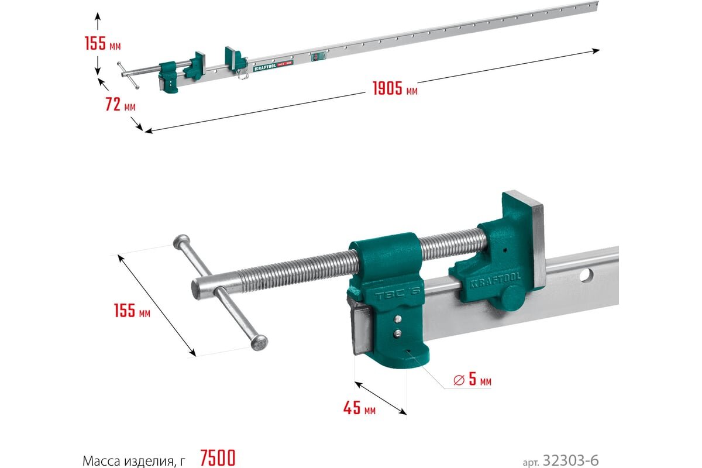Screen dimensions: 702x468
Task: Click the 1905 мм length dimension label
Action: coord(395,88)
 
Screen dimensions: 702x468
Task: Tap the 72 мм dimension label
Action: coord(121,104)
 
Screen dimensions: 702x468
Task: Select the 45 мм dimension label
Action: coord(359,408)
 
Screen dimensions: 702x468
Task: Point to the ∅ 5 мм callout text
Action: coord(472,379)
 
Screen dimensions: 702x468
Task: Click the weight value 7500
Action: coord(218,458)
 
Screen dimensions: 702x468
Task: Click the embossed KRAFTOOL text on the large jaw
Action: coord(495,279)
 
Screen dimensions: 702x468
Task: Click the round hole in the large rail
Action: coord(586,276)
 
